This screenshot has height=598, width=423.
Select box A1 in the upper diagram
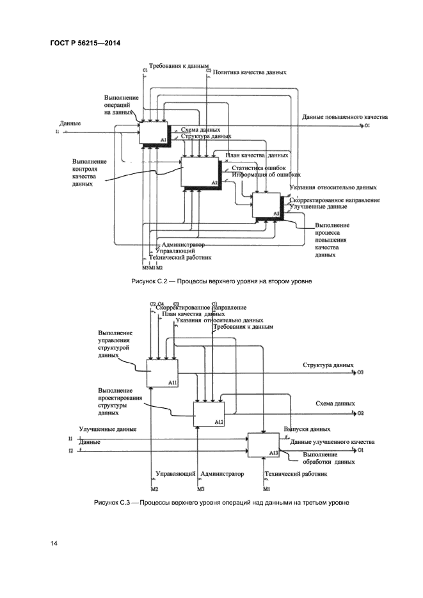[153, 131]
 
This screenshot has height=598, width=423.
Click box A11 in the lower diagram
[162, 373]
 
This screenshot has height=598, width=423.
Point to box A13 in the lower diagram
[263, 445]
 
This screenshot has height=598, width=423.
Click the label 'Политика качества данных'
[250, 73]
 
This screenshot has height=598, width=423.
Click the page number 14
[54, 543]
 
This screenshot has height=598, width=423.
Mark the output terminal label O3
[360, 372]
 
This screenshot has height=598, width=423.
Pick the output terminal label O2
[360, 413]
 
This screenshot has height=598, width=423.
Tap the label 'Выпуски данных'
[307, 429]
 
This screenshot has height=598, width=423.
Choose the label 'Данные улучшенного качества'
[331, 442]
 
